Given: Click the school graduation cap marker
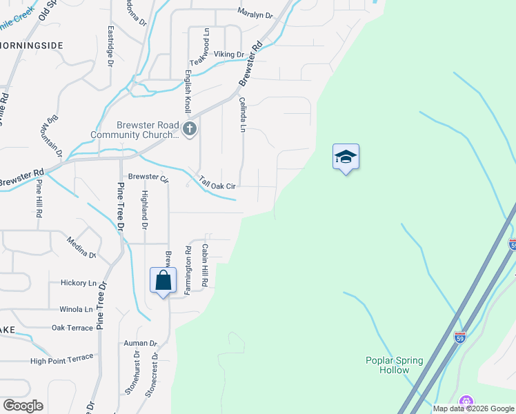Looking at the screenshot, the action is [x=346, y=157].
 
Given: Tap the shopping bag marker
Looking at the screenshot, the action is [x=163, y=281].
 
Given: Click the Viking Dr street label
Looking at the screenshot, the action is [x=229, y=55].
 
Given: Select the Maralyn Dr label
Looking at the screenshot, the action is [x=255, y=12].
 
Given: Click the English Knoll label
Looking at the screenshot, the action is [x=187, y=93].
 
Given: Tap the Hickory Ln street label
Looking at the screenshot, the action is [x=79, y=283].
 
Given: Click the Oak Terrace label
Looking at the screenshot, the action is [x=72, y=328].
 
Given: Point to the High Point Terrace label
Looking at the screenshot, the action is [x=61, y=359].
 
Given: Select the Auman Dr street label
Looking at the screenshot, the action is [x=141, y=343].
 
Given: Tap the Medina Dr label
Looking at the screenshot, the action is [x=81, y=246].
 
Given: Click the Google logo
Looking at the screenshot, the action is [x=23, y=405].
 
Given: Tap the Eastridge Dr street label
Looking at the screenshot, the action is [x=110, y=46].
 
